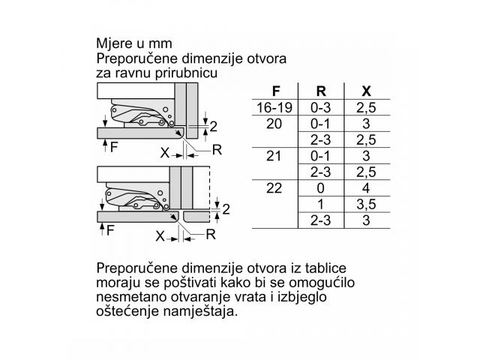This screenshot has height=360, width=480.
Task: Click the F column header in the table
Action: click(276, 91)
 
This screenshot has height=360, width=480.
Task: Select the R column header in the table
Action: click(321, 91)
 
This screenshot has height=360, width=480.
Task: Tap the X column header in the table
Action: click(366, 91)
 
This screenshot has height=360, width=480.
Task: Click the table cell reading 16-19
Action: click(274, 108)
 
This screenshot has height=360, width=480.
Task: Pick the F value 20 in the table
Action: click(274, 124)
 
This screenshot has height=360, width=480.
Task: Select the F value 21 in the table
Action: click(274, 156)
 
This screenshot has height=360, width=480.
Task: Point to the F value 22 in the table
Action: click(274, 188)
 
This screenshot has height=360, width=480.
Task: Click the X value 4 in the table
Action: click(366, 188)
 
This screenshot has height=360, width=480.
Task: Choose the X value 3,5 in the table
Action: click(366, 205)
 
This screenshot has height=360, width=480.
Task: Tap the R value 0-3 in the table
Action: click(320, 108)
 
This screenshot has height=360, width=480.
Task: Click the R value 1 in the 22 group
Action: click(320, 205)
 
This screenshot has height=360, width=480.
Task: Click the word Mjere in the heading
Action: click(114, 43)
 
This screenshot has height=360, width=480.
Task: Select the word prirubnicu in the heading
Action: click(186, 73)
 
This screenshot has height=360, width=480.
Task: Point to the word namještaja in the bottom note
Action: click(200, 312)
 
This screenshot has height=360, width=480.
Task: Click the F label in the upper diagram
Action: click(114, 148)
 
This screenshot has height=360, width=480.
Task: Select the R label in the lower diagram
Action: click(211, 235)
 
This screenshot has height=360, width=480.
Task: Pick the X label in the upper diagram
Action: click(165, 152)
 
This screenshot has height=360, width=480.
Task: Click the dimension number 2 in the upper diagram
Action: click(213, 127)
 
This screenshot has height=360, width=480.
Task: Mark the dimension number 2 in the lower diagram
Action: click(226, 210)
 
